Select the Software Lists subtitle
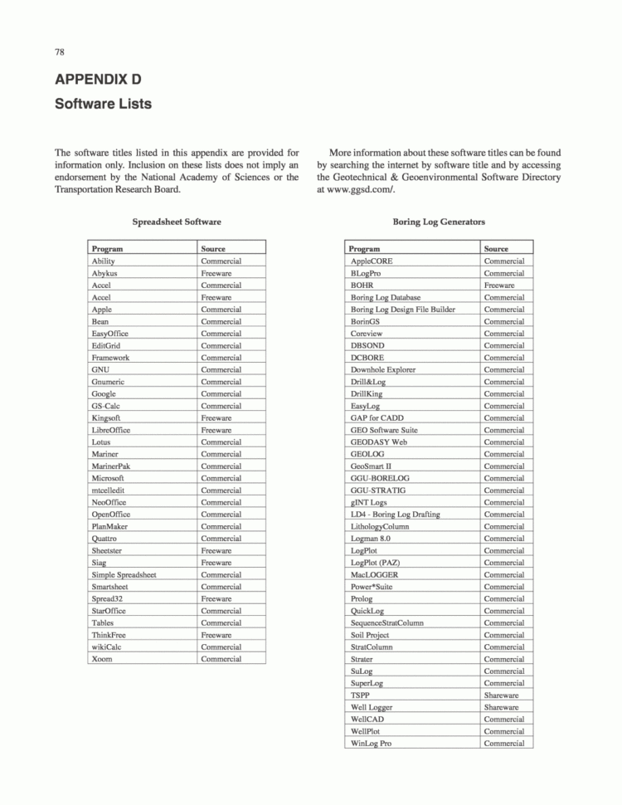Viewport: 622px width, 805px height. click(x=103, y=105)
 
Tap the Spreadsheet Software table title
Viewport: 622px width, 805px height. click(x=177, y=222)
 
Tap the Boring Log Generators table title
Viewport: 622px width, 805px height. click(x=439, y=222)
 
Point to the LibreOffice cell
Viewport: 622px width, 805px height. click(x=111, y=430)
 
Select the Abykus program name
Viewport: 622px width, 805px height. click(x=104, y=273)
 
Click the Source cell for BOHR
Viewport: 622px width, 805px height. click(x=499, y=285)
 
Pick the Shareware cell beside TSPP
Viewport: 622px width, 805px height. click(x=502, y=695)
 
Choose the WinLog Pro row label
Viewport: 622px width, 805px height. click(x=371, y=743)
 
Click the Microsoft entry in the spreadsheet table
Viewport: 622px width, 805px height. click(x=108, y=478)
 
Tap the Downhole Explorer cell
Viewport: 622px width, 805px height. click(x=383, y=369)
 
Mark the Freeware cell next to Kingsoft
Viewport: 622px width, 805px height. click(x=216, y=418)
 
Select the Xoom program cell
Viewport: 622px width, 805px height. click(x=101, y=659)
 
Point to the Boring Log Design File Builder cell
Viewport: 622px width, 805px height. click(x=402, y=310)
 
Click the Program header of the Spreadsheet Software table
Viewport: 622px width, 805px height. click(x=108, y=248)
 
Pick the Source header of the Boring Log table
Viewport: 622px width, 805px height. click(x=496, y=248)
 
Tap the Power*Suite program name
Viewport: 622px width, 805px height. click(x=371, y=586)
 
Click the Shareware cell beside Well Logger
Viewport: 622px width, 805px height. click(x=502, y=707)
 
